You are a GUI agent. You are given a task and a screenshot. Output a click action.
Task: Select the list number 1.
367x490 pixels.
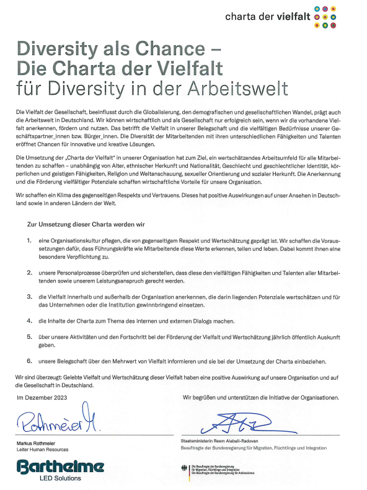click(29, 238)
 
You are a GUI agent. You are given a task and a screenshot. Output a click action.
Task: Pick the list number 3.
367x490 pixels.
click(29, 297)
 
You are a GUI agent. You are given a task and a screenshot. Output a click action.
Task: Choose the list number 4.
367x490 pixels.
click(29, 321)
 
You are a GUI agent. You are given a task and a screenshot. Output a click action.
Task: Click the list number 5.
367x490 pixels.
click(29, 336)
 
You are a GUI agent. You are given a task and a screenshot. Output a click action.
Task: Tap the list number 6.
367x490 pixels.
click(29, 361)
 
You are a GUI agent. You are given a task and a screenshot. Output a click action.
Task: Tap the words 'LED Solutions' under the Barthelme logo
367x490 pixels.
click(60, 478)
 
